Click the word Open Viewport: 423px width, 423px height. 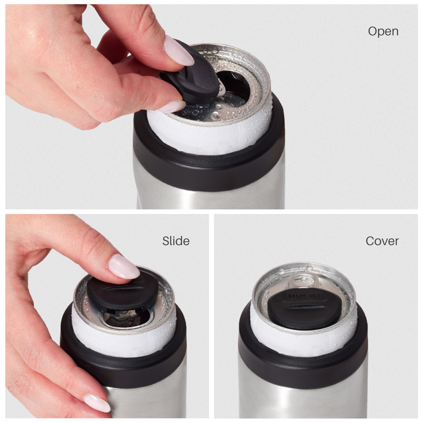383,31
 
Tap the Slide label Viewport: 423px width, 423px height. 176,241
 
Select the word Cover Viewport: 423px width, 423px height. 382,241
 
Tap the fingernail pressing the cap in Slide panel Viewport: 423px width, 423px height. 124,266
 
